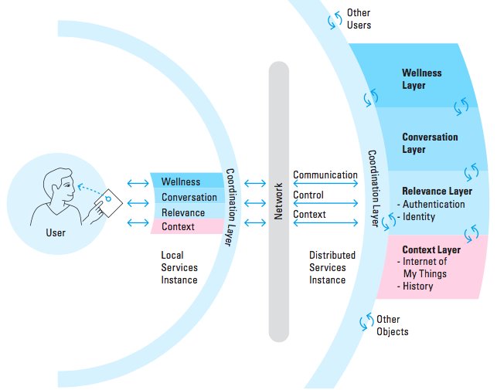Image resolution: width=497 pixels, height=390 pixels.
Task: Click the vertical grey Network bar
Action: [279, 201]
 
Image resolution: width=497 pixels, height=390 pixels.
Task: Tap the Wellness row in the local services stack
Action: [181, 182]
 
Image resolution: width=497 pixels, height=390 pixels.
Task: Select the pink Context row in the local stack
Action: [179, 226]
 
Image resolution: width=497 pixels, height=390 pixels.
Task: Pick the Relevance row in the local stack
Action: [183, 212]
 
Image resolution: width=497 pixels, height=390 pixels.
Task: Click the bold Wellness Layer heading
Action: [421, 79]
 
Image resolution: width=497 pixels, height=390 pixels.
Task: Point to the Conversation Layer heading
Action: [429, 143]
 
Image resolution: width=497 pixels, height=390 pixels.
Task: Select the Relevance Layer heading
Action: [437, 191]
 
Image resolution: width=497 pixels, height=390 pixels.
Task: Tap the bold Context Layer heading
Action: [431, 250]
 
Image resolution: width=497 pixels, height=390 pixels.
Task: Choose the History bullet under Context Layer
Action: [417, 287]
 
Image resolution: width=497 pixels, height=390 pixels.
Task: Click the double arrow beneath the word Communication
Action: [325, 185]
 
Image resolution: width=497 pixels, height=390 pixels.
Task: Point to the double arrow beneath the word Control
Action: [325, 205]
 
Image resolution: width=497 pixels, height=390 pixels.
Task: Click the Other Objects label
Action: [392, 325]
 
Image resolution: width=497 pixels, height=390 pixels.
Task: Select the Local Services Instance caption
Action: [179, 266]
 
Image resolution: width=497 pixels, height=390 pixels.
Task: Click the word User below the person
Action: [56, 232]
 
